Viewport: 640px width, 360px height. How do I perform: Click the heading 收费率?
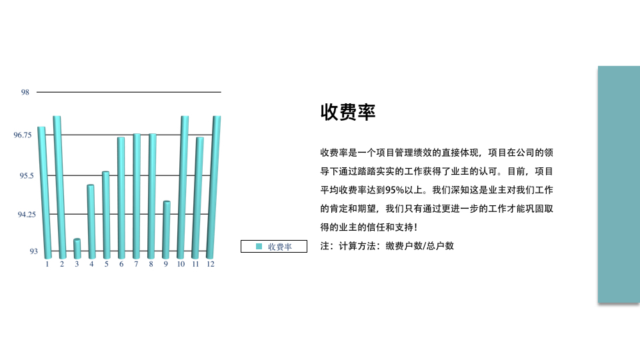(x=348, y=112)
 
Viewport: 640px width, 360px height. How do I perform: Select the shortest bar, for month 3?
(x=77, y=249)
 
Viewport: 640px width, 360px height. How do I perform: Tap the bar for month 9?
(x=166, y=230)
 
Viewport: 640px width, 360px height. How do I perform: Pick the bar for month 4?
(x=91, y=221)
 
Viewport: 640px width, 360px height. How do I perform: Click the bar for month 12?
(x=213, y=187)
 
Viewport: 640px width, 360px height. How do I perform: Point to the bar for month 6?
(x=121, y=198)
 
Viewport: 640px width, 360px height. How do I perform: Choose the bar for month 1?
(x=45, y=193)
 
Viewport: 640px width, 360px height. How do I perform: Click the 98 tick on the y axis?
(x=25, y=92)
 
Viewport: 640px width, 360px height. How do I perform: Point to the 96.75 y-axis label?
(x=23, y=135)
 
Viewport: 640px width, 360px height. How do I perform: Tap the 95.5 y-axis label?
(x=27, y=176)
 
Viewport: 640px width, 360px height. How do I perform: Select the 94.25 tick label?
(x=27, y=215)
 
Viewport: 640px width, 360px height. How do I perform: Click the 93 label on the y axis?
(x=33, y=251)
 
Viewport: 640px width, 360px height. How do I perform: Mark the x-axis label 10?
(x=181, y=264)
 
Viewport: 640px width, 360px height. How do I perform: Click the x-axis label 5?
(x=107, y=264)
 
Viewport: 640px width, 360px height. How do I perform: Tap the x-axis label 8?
(x=151, y=264)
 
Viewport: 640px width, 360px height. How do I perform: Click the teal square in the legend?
(x=259, y=246)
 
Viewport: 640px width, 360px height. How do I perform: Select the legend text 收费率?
(x=280, y=247)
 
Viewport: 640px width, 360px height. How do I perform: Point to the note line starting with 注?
(x=387, y=246)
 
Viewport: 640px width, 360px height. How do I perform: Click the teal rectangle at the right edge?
(x=619, y=184)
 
